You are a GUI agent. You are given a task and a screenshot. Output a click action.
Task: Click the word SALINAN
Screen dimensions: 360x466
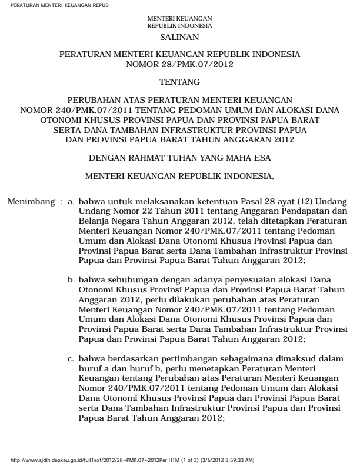180,37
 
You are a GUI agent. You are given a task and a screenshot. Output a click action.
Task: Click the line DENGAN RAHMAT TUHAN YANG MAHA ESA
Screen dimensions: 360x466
180,158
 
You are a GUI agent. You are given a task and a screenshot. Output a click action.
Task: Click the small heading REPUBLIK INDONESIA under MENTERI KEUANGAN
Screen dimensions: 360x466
180,26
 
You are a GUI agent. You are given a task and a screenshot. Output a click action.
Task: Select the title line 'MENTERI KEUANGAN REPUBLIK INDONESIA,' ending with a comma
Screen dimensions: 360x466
180,175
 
